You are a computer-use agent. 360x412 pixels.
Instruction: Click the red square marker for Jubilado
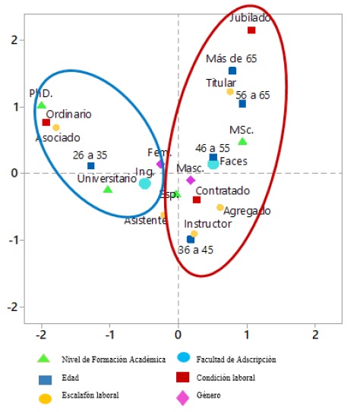click(x=251, y=30)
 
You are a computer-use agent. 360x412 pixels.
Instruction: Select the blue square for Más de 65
click(x=232, y=71)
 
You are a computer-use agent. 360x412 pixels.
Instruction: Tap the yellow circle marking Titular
click(x=230, y=92)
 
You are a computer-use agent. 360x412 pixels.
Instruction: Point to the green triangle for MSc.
click(x=242, y=141)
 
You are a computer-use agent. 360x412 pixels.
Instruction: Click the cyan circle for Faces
click(x=213, y=164)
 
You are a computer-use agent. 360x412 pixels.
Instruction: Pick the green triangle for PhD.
click(x=42, y=105)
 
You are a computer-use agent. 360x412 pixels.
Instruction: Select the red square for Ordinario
click(x=46, y=122)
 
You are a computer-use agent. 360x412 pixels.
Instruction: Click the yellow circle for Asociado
click(x=56, y=127)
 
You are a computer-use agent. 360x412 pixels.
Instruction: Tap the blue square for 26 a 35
click(x=91, y=165)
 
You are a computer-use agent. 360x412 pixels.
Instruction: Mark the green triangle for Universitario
click(x=108, y=189)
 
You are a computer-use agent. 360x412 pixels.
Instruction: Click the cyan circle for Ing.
click(x=144, y=183)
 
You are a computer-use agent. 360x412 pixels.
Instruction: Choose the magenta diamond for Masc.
click(x=191, y=180)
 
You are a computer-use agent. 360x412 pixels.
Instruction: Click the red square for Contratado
click(x=197, y=200)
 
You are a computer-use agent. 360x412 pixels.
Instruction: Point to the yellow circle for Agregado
click(x=220, y=207)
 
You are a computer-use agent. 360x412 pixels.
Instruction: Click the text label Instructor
click(x=207, y=225)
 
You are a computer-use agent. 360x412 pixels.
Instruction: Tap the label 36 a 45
click(x=195, y=250)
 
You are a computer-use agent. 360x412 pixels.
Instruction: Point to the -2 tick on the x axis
click(x=41, y=335)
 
